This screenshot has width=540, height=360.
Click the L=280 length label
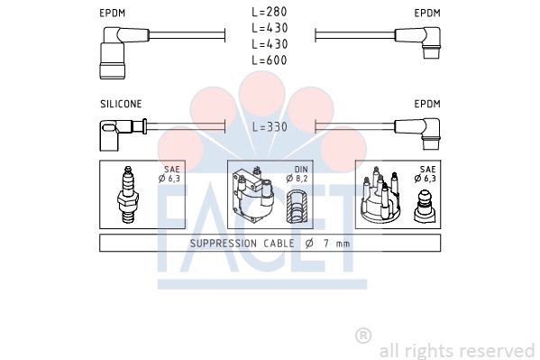tap(270, 12)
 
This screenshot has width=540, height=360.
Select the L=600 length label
tap(270, 60)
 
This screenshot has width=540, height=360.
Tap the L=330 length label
tap(270, 127)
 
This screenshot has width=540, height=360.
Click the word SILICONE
tap(121, 104)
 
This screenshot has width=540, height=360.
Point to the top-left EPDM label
tap(113, 14)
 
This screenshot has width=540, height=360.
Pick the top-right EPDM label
tap(427, 14)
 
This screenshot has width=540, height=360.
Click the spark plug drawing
tap(128, 195)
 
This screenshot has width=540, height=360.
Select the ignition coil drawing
tap(253, 195)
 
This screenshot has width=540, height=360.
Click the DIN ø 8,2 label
tap(297, 174)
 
